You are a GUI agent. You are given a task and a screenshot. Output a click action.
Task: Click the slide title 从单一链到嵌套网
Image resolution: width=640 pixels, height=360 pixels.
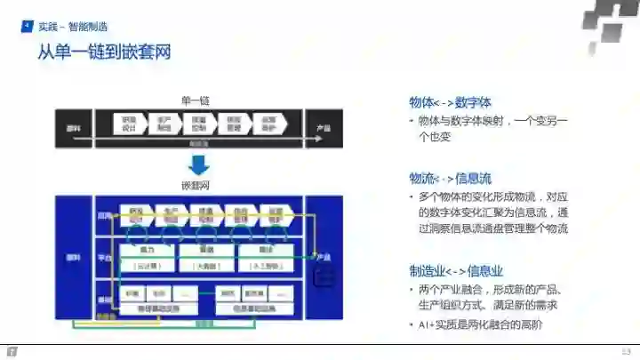click(x=104, y=53)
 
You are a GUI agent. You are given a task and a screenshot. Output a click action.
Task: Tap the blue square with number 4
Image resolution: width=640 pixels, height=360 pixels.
click(x=27, y=28)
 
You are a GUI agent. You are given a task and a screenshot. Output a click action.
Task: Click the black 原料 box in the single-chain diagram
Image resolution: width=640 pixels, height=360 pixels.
click(x=74, y=129)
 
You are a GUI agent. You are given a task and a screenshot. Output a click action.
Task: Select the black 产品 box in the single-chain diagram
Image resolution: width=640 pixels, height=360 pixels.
click(x=324, y=129)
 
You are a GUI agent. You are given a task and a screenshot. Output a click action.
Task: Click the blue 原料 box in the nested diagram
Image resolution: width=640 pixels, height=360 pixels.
click(x=74, y=258)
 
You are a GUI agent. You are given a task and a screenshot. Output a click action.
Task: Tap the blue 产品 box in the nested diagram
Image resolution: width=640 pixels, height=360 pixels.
click(x=324, y=258)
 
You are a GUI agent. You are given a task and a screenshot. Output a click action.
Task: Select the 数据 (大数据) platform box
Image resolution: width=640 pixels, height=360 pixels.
click(x=206, y=257)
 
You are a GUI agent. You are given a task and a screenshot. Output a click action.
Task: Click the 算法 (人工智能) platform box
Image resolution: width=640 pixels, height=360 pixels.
click(x=264, y=257)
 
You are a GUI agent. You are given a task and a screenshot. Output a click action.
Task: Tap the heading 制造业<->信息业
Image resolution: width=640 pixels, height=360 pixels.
click(x=457, y=271)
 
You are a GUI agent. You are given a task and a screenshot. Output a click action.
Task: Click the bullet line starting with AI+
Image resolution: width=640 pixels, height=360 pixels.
click(x=479, y=325)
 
